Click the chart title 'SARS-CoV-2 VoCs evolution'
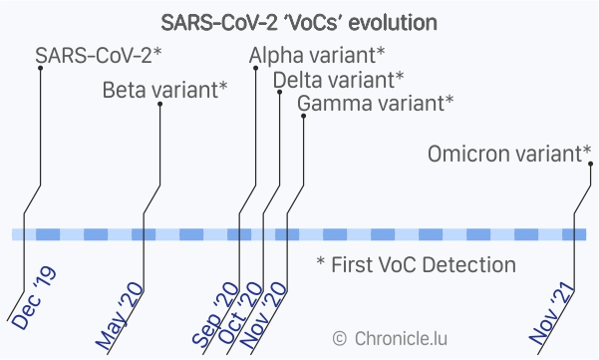point(299,23)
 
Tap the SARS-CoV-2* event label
point(99,56)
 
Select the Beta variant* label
point(165,90)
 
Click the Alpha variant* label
point(317,56)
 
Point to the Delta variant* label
point(339,80)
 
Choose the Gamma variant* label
point(376,103)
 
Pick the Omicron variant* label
point(509,154)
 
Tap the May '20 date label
point(119,316)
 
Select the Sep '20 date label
point(215,314)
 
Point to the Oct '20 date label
point(240,313)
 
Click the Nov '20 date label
point(263,315)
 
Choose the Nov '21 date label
point(552,314)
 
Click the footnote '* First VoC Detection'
point(417,264)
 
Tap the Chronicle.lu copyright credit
point(390,339)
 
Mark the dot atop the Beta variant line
point(160,104)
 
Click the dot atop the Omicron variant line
point(591,164)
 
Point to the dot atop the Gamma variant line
point(304,116)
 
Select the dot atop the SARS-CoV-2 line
point(41,68)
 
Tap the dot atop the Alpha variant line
point(256,68)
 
